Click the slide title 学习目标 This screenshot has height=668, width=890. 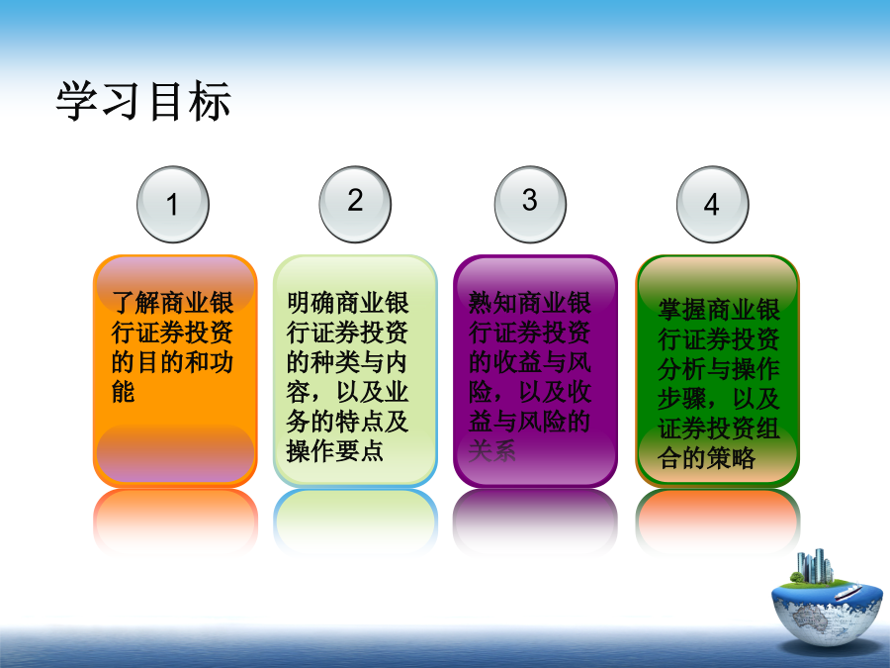143,101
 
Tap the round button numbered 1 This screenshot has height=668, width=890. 173,205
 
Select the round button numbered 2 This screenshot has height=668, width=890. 355,205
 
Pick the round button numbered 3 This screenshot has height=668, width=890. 530,205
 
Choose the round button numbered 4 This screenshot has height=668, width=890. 712,205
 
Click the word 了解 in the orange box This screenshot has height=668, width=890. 135,302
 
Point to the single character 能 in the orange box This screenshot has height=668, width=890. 124,392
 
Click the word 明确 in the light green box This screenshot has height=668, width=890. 311,302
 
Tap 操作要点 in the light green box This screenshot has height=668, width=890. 335,451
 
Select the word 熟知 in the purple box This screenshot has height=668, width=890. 492,302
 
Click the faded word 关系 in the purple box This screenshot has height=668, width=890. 492,451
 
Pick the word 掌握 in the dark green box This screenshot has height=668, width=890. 681,310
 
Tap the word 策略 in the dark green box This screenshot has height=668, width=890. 731,458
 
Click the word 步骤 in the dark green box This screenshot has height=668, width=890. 681,399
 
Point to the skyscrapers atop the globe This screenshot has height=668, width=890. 815,566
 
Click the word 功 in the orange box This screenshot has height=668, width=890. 222,362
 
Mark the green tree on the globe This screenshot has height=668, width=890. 796,578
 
